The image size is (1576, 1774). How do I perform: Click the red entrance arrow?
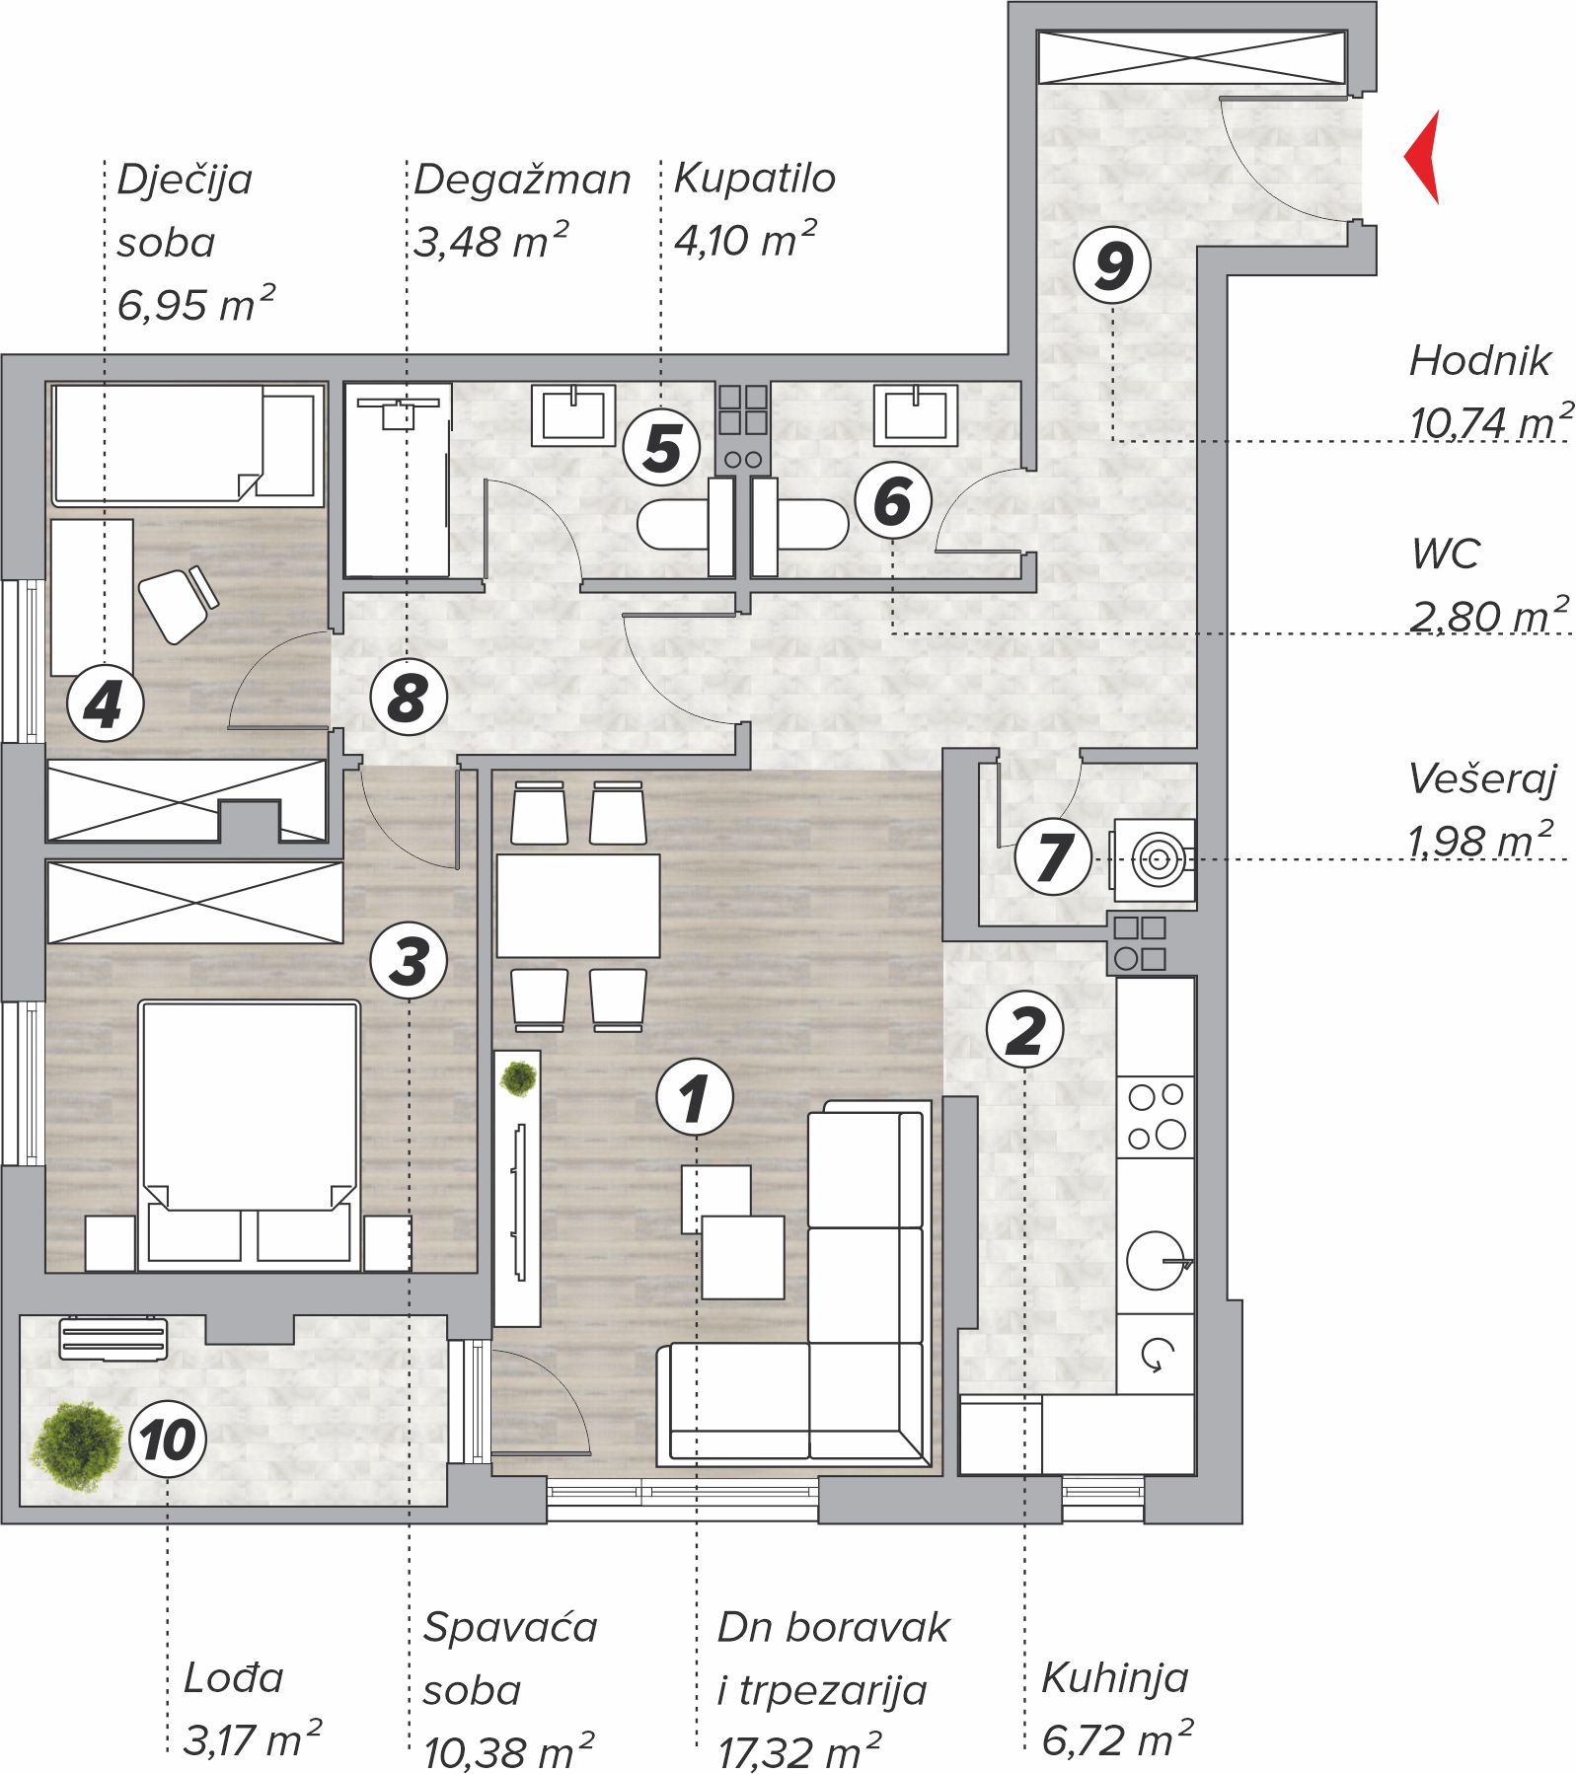pyautogui.click(x=1424, y=157)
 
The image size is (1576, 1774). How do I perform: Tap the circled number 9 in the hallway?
pyautogui.click(x=1112, y=264)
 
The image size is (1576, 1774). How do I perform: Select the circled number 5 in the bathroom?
pyautogui.click(x=661, y=447)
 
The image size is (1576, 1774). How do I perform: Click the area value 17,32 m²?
pyautogui.click(x=798, y=1752)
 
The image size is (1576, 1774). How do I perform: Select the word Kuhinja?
pyautogui.click(x=1114, y=1677)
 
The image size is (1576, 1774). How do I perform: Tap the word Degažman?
pyautogui.click(x=522, y=181)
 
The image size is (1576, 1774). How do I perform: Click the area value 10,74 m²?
pyautogui.click(x=1490, y=421)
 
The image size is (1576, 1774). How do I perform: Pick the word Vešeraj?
pyautogui.click(x=1481, y=779)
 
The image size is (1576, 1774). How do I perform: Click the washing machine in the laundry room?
pyautogui.click(x=1154, y=859)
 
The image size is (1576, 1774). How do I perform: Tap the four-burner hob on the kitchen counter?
pyautogui.click(x=1156, y=1117)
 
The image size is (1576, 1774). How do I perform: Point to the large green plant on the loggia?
pyautogui.click(x=76, y=1446)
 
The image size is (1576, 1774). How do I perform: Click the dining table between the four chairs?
pyautogui.click(x=577, y=906)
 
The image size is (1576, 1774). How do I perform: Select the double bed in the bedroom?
pyautogui.click(x=249, y=1135)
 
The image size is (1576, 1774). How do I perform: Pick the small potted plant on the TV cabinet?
pyautogui.click(x=518, y=1078)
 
